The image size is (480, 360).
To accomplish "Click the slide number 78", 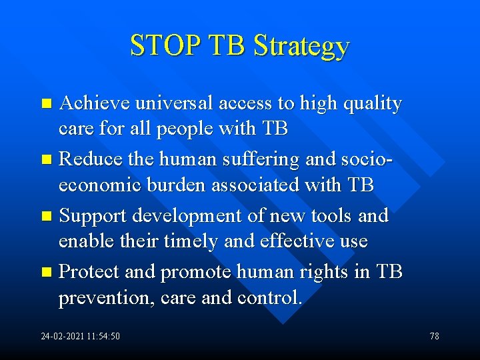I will tap(434, 336).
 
